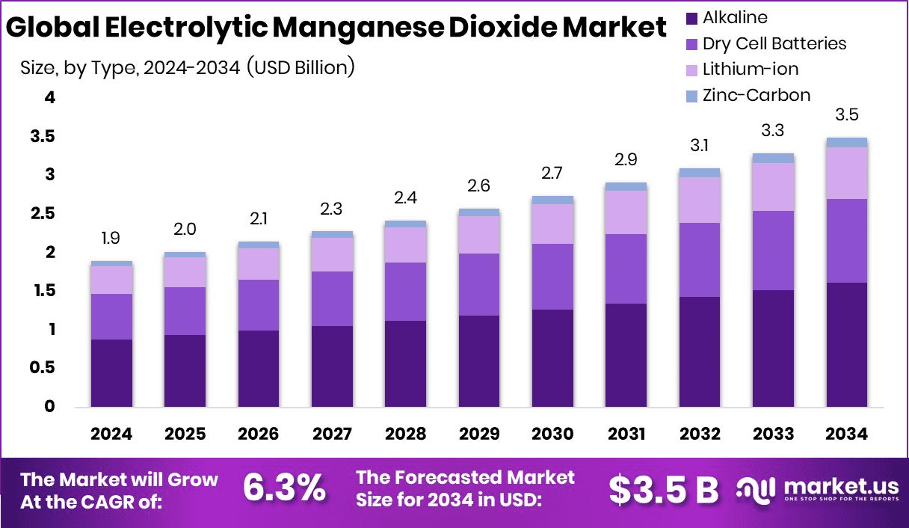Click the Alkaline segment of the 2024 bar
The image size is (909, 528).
coord(111,372)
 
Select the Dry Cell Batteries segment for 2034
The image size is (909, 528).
coord(846,240)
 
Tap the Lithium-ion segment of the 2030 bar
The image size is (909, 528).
coord(552,224)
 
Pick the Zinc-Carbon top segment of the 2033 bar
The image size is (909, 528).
coord(773,158)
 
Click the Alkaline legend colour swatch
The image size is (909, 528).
coord(691,17)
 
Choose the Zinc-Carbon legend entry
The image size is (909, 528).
coord(757,95)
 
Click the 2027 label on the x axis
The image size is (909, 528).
coord(332,435)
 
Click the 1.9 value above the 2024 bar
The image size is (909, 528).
coord(111,239)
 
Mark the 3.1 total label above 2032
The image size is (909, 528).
coord(699,145)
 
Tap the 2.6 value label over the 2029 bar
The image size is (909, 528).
coord(478,185)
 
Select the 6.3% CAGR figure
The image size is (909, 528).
coord(284,488)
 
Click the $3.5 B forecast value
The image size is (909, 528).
coord(663,488)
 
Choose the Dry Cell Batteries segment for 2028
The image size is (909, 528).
coord(405,291)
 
